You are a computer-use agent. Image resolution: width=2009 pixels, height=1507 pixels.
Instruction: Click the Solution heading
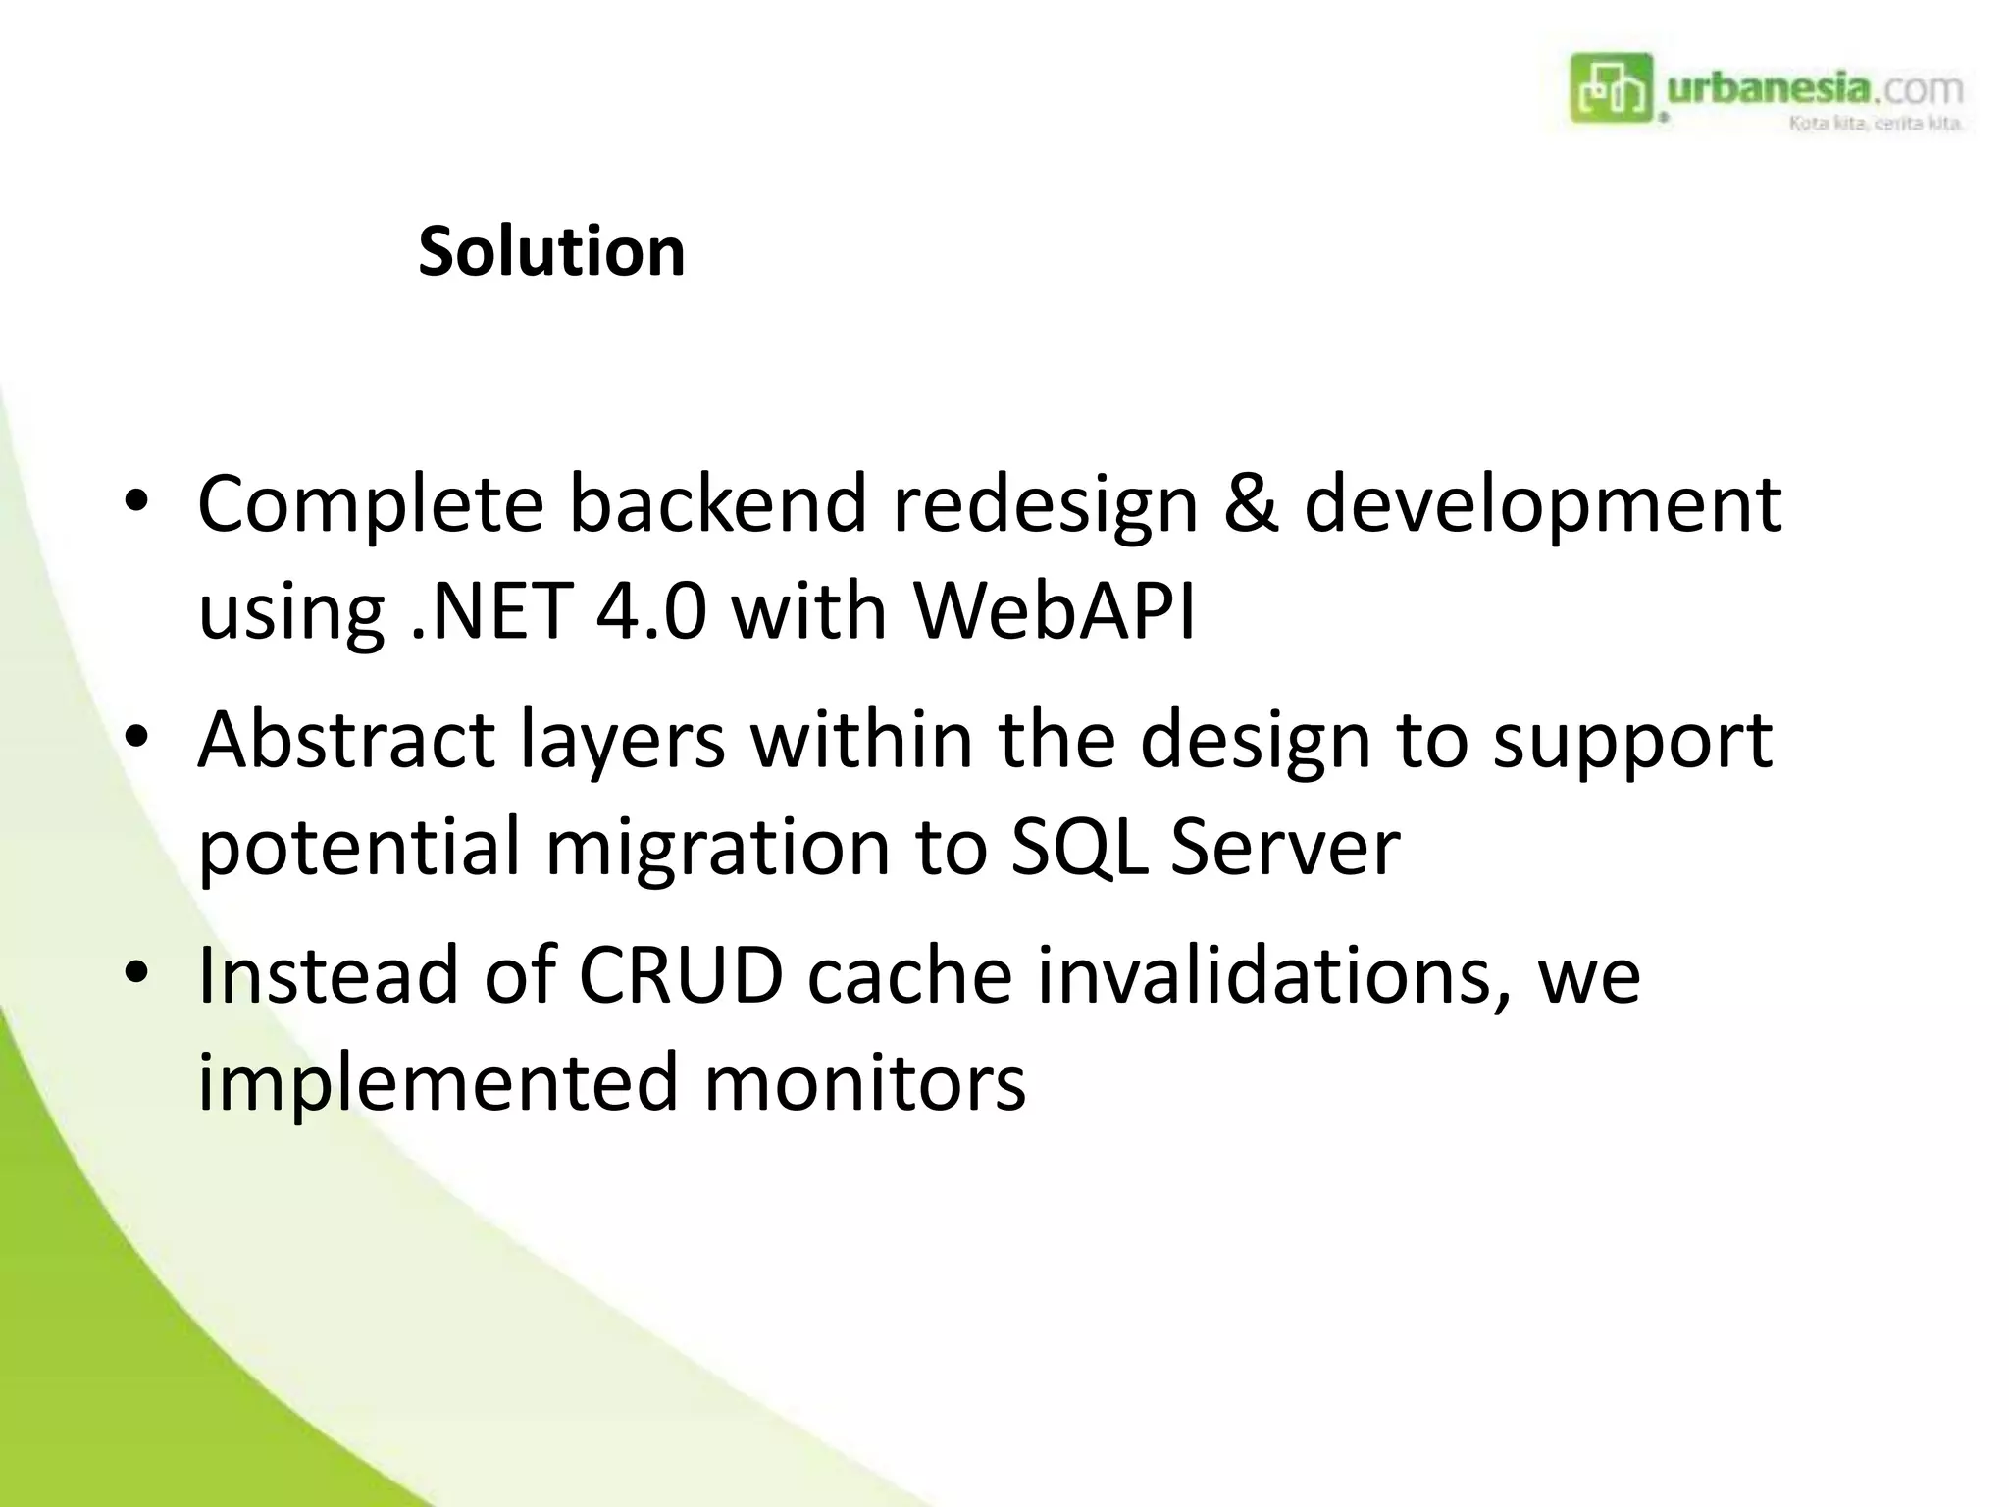[x=551, y=252]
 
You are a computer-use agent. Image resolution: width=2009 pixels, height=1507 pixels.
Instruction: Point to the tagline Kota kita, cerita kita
[x=1875, y=124]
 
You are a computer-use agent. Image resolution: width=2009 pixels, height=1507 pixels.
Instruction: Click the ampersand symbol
[x=1252, y=504]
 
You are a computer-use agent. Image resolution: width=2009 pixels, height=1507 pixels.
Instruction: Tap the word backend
[x=718, y=504]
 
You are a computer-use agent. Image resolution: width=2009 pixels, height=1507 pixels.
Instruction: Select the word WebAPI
[x=1055, y=611]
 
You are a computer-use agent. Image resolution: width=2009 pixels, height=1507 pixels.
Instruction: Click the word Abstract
[x=345, y=740]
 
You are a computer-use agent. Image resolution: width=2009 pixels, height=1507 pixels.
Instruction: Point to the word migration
[x=717, y=848]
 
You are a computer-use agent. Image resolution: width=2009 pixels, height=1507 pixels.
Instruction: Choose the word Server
[x=1285, y=847]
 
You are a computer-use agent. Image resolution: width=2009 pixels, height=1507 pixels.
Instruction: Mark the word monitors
[x=864, y=1083]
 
